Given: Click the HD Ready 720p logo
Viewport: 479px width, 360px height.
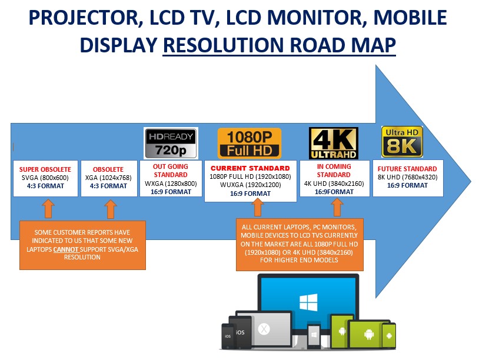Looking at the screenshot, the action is pos(171,143).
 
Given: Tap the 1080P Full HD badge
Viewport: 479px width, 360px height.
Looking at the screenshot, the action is pos(250,144).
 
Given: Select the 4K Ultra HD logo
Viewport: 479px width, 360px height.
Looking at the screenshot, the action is pos(333,143).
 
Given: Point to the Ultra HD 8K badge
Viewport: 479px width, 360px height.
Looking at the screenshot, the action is pos(402,142).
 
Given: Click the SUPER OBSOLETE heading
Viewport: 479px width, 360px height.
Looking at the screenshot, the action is pos(45,169).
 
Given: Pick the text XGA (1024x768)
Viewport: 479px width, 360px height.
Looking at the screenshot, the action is pos(108,178).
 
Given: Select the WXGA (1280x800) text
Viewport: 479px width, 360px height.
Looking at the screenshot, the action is pos(171,184).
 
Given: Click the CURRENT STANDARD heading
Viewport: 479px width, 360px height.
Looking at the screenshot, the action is pos(250,168).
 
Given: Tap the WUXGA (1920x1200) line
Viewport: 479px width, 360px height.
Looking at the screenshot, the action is pos(251,185).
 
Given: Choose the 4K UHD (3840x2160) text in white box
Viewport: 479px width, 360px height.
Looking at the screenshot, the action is pos(334,184).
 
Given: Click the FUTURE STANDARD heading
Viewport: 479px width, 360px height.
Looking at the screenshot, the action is pos(407,169).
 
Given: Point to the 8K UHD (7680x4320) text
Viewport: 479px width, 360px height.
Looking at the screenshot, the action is pos(408,177).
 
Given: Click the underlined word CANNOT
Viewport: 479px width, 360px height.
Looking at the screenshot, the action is pos(66,249).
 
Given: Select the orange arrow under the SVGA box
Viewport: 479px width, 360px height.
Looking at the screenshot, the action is pos(48,209).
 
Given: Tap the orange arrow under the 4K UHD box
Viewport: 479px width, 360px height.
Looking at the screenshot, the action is pos(337,207).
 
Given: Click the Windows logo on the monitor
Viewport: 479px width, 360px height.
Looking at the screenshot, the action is pos(308,302).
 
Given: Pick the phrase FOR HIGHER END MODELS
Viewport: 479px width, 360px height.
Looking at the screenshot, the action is pos(299,260).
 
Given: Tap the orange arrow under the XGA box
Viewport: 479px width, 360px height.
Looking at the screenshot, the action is pos(111,209).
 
